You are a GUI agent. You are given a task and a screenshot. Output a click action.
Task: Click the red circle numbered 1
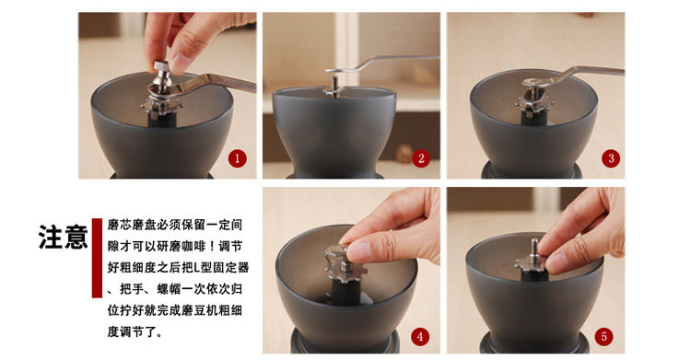click(237, 158)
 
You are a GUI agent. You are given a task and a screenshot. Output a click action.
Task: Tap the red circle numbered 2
click(421, 158)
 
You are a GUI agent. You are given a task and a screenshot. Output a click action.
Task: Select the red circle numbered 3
click(610, 158)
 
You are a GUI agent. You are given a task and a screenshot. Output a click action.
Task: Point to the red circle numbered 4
click(420, 337)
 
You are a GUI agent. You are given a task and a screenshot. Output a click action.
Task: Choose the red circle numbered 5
click(603, 337)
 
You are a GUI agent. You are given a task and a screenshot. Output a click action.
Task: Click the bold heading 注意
click(63, 237)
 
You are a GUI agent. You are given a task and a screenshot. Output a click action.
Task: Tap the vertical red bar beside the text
click(97, 258)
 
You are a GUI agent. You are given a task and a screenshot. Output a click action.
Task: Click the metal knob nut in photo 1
click(162, 74)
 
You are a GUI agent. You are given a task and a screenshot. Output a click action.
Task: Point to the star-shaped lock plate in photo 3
click(533, 106)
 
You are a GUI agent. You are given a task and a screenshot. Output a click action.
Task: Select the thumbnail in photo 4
click(357, 250)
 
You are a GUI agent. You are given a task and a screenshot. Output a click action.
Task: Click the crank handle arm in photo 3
click(573, 74)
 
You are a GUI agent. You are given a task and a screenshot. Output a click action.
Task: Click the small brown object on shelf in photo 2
click(404, 153)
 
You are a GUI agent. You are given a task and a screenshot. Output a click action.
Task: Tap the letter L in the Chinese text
click(197, 267)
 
